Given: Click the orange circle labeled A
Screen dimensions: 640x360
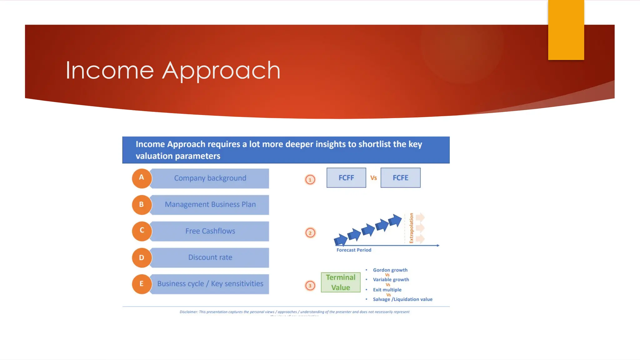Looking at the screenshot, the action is [142, 178].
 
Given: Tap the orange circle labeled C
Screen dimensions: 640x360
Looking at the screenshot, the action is [142, 231].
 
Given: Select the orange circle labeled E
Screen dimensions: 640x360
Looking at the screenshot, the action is [142, 284].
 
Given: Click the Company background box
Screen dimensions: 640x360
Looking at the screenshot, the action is [210, 178].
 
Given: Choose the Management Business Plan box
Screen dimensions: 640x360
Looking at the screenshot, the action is [210, 205].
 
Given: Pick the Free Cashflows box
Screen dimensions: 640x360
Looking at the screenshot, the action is [210, 231].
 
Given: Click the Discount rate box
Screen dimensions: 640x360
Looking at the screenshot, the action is [210, 257].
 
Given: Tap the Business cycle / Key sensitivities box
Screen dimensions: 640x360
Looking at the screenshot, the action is [210, 284].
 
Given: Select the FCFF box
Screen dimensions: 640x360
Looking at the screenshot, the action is [346, 178].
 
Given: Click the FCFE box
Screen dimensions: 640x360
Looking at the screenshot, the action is [400, 178].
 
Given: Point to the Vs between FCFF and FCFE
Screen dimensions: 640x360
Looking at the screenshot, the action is [373, 178].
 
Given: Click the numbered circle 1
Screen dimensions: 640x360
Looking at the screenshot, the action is [310, 180].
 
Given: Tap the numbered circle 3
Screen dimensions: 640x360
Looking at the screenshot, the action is [310, 286].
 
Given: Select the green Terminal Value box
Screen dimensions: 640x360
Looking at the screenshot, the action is [341, 282].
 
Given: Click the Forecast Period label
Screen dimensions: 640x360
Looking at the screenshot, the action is [354, 250].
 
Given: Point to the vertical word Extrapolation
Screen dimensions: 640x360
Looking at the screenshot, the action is [411, 228].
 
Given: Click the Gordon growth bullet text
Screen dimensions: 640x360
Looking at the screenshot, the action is [390, 270].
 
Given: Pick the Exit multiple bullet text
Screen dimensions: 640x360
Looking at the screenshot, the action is [387, 290].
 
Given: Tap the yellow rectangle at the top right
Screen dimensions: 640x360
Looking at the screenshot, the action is [566, 30].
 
